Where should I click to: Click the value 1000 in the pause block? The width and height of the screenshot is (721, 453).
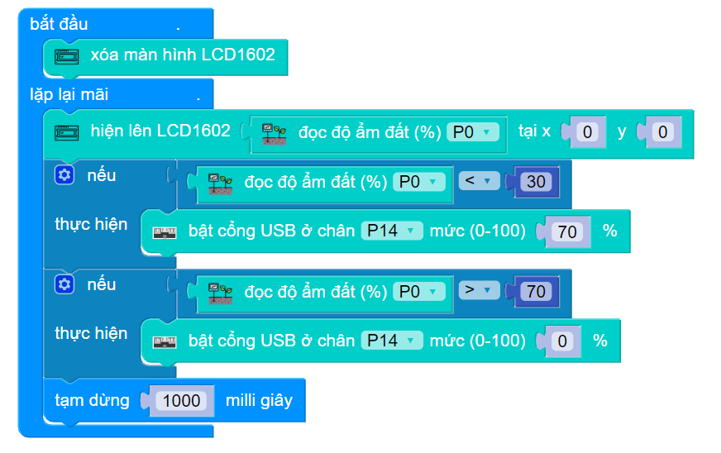pos(182,401)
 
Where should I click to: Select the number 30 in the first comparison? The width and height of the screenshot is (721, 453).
pos(537,181)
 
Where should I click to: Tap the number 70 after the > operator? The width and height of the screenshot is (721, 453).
pos(537,291)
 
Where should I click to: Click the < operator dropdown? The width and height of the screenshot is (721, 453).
pos(479,181)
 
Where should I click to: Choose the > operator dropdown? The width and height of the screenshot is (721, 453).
pos(479,291)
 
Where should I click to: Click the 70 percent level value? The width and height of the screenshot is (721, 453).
pos(567,231)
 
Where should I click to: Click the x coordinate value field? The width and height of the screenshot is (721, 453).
pos(587,131)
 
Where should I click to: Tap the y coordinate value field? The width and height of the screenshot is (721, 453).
pos(662,131)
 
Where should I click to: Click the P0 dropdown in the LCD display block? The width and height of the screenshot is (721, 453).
pos(474,132)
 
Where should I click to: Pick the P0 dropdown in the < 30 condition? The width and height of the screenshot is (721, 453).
pos(419,182)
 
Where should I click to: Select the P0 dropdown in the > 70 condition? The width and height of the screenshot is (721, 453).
pos(419,292)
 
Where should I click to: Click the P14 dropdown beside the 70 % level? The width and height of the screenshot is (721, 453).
pos(391,231)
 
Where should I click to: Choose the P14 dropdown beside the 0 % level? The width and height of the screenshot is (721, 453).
pos(391,341)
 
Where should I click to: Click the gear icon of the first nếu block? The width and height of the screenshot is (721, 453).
pos(64,175)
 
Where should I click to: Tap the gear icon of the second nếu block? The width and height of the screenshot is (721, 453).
pos(64,284)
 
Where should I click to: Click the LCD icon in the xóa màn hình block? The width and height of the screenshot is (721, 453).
pos(66,56)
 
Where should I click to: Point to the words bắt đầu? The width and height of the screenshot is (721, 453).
pos(59,23)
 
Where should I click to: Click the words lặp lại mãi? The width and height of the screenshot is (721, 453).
pos(69,94)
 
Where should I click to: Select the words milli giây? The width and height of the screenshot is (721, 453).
pos(259,401)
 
